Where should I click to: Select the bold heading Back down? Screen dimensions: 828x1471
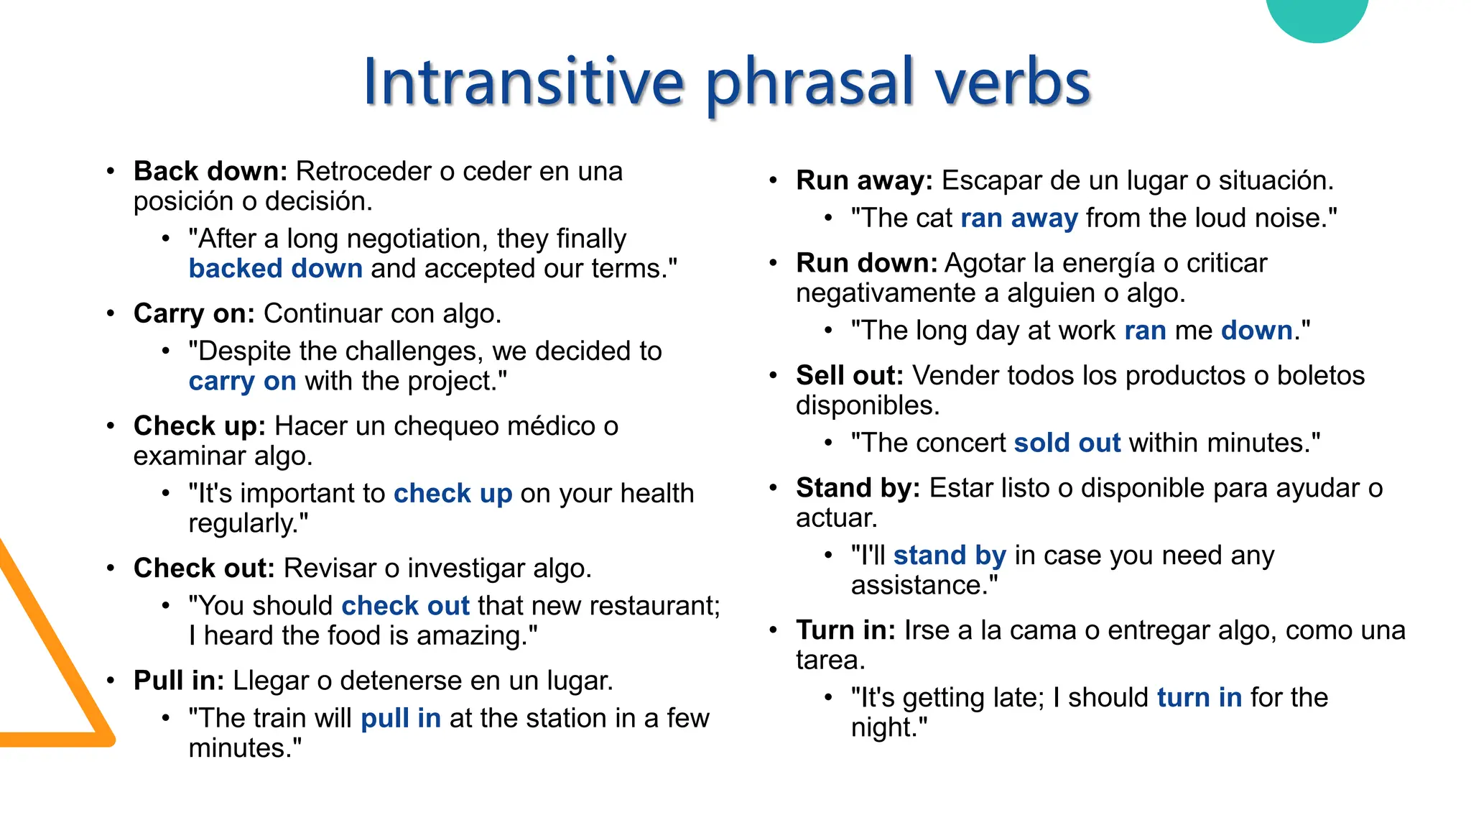(210, 172)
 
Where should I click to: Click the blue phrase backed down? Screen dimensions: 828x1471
(275, 269)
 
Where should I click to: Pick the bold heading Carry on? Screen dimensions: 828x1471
(194, 314)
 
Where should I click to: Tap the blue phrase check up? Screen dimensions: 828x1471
(453, 494)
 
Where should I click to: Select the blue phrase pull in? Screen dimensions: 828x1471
(400, 719)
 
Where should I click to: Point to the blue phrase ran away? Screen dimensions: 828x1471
(1018, 218)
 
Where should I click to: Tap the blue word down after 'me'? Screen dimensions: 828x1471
(1256, 331)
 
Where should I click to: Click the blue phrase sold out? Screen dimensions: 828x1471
(1067, 443)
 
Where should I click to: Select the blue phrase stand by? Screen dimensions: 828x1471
(950, 556)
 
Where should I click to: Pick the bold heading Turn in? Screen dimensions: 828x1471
(845, 630)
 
